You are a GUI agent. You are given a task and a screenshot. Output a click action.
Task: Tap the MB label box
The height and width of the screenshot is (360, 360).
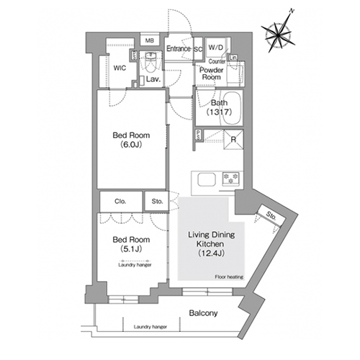pyautogui.click(x=150, y=40)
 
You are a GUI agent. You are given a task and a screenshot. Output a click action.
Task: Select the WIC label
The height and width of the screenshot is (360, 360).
pyautogui.click(x=120, y=68)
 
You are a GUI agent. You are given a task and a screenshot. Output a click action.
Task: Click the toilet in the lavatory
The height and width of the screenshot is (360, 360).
pyautogui.click(x=150, y=63)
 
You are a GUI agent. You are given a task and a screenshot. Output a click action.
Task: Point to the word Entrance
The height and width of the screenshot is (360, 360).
pyautogui.click(x=179, y=49)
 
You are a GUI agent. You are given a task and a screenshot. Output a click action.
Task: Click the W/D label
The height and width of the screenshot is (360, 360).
pyautogui.click(x=216, y=48)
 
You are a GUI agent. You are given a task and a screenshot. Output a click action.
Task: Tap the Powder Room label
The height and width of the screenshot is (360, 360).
pyautogui.click(x=211, y=73)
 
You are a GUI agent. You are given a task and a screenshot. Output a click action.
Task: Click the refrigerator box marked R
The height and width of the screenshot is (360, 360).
pyautogui.click(x=233, y=139)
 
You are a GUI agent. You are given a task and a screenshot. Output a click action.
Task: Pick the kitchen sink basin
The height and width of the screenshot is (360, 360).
pyautogui.click(x=207, y=179)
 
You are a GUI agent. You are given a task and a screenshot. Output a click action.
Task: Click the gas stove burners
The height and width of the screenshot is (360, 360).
pyautogui.click(x=230, y=179)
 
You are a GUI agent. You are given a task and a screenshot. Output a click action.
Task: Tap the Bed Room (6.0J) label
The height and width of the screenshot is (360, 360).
pyautogui.click(x=131, y=140)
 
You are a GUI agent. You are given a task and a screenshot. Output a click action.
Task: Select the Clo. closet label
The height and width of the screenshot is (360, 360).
pyautogui.click(x=120, y=202)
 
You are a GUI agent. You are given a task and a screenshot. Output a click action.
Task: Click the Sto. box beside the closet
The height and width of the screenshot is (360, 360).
pyautogui.click(x=157, y=201)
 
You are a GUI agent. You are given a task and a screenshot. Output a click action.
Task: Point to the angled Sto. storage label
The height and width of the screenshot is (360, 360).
pyautogui.click(x=271, y=216)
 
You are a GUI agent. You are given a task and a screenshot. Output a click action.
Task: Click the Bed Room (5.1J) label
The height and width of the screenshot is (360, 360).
pyautogui.click(x=131, y=244)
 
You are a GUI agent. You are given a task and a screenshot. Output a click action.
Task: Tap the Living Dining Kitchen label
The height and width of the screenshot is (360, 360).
pyautogui.click(x=211, y=244)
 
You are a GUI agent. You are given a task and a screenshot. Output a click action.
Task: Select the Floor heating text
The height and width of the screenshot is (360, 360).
pyautogui.click(x=229, y=277)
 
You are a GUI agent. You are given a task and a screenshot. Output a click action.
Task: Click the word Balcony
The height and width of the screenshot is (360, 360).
pyautogui.click(x=203, y=313)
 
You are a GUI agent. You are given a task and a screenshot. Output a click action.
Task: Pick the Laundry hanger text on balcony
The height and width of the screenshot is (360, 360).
pyautogui.click(x=150, y=327)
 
